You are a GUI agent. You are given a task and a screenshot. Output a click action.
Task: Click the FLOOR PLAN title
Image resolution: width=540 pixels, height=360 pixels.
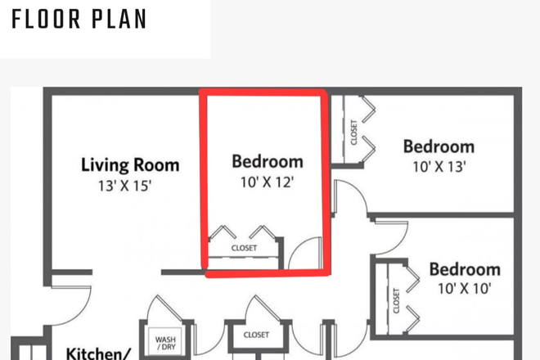79,18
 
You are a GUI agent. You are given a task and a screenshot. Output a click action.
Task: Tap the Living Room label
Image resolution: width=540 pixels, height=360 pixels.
130,165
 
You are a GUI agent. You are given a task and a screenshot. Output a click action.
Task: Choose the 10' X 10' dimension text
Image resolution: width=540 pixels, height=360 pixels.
464,289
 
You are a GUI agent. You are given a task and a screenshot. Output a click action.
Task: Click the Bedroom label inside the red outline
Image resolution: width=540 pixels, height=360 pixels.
268,161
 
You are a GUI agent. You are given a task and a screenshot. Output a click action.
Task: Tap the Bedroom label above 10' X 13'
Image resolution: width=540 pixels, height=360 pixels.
439,147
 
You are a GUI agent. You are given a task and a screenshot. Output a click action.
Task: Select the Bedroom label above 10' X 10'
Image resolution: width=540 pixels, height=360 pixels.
464,269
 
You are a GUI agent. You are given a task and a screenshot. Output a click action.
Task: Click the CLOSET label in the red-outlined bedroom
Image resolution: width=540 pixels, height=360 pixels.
244,248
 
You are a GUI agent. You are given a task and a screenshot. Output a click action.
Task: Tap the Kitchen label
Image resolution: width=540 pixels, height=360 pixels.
97,353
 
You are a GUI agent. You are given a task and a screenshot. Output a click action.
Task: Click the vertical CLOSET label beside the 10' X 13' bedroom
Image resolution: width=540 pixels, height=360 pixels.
353,133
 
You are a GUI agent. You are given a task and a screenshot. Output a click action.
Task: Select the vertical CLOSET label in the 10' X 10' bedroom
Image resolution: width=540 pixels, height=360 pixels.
396,299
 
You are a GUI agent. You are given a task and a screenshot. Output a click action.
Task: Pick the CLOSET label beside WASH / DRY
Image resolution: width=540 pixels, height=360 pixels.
256,335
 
